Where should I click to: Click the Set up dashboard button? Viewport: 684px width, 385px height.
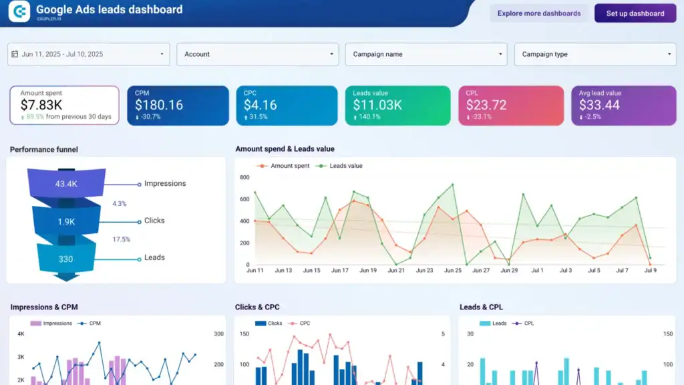click(x=635, y=13)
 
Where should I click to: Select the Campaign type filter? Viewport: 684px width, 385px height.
click(x=595, y=54)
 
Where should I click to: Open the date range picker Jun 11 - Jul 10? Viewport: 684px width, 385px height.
click(x=88, y=54)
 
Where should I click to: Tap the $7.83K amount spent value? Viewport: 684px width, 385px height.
click(x=41, y=105)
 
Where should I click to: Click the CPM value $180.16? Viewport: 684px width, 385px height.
click(x=159, y=105)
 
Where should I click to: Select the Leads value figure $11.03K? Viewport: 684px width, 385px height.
click(x=377, y=105)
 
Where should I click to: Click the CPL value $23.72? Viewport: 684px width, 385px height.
click(x=487, y=105)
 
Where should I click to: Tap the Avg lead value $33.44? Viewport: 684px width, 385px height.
click(x=599, y=105)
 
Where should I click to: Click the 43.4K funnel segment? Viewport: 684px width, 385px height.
click(x=66, y=184)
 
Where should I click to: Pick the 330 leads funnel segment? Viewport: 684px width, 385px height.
click(x=65, y=259)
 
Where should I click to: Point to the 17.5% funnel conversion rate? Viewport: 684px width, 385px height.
click(x=121, y=239)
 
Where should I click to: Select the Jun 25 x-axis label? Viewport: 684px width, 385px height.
click(x=452, y=271)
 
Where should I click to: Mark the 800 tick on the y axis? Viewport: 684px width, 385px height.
click(x=244, y=178)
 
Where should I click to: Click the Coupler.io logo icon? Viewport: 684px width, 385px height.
click(x=19, y=11)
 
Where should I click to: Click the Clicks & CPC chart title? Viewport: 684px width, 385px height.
click(x=257, y=307)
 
